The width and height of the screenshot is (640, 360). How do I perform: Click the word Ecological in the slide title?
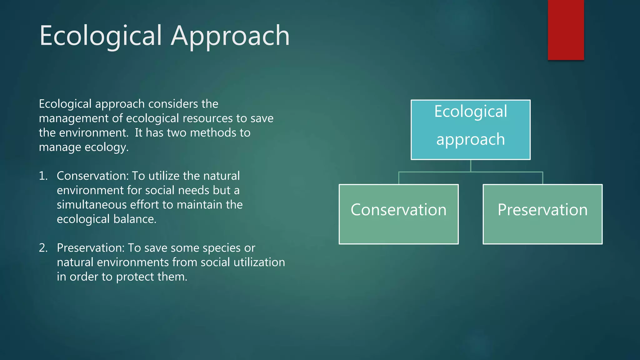(x=101, y=36)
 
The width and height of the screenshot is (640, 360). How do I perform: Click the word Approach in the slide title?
(x=230, y=36)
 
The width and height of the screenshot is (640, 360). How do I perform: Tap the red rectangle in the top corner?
(x=566, y=30)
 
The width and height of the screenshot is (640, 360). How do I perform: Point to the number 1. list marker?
(x=43, y=176)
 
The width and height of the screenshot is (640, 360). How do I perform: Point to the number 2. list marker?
(x=43, y=248)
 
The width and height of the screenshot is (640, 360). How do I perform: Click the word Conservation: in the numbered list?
(x=92, y=176)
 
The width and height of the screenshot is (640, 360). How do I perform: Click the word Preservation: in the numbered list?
(x=91, y=248)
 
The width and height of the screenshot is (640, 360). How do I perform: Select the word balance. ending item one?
(x=135, y=219)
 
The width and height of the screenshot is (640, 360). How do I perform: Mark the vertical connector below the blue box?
(x=471, y=166)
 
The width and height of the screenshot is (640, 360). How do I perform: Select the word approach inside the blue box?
(x=470, y=139)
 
